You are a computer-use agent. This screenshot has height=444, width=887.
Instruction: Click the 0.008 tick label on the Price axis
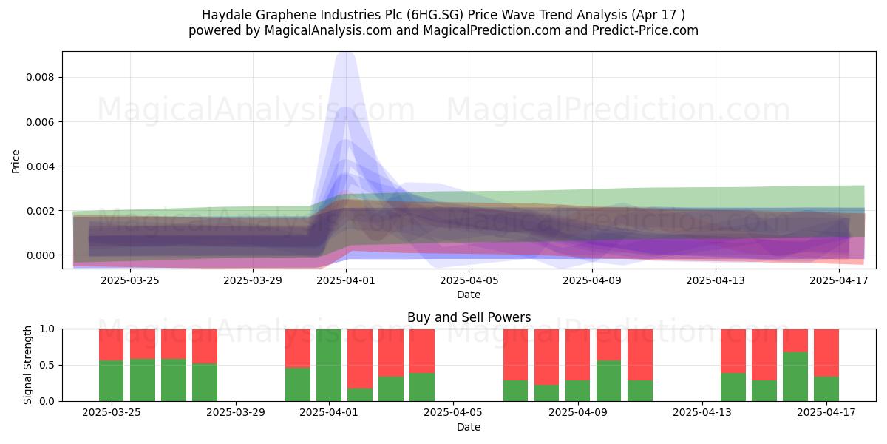coord(40,77)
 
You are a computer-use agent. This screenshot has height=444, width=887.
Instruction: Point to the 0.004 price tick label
coord(40,166)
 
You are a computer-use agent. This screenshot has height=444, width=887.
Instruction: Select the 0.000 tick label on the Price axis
coord(40,255)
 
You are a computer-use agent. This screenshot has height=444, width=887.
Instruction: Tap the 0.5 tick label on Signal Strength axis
coord(47,365)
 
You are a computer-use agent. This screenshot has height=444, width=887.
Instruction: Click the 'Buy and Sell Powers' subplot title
coord(469,317)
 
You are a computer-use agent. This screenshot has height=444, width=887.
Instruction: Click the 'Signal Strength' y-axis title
coord(27,365)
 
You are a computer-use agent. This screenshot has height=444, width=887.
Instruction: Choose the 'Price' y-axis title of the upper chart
coord(16,161)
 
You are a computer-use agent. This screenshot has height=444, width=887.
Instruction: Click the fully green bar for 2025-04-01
coord(329,365)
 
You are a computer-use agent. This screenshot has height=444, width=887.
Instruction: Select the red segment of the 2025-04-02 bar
coord(360,358)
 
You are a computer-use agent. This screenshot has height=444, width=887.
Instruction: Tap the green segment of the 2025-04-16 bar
coord(795,376)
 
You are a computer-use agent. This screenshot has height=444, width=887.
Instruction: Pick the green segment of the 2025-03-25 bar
coord(112,380)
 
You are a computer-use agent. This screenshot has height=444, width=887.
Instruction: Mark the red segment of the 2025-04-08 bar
coord(546,357)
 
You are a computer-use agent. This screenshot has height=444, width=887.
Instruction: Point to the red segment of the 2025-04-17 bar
coord(826,353)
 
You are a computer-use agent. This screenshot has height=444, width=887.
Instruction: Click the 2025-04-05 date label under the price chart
coord(469,280)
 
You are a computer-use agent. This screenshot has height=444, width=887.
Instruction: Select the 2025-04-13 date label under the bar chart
coord(702,413)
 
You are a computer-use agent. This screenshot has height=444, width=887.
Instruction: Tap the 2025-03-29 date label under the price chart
coord(253,280)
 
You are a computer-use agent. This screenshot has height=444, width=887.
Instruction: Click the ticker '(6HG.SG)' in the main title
coord(437,15)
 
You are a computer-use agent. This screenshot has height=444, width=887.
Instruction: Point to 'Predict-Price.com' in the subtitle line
coord(645,30)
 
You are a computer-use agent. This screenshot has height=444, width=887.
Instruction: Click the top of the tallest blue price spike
coord(346,53)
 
